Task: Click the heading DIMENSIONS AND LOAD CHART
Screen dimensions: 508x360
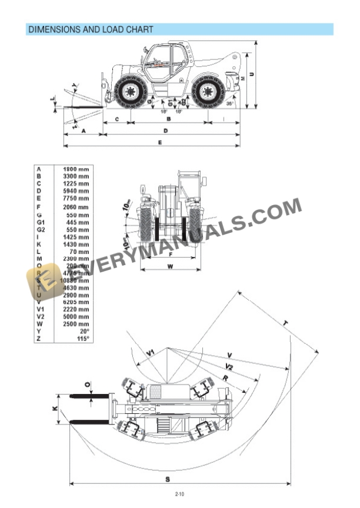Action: tap(91, 29)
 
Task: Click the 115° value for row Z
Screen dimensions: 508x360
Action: tap(83, 339)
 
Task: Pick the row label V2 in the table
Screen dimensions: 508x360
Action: tap(41, 316)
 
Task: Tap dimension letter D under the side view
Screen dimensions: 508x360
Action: tap(166, 130)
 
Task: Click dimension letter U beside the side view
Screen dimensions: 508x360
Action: tap(251, 73)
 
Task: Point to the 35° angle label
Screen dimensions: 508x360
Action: tap(229, 103)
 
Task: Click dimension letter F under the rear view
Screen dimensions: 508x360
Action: tap(169, 255)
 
